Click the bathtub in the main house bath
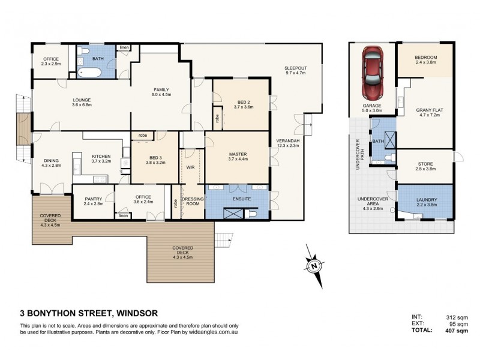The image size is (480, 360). click(89, 73)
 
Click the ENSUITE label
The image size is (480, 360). click(238, 197)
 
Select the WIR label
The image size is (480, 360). click(191, 167)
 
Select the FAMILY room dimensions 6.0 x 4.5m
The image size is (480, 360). click(161, 95)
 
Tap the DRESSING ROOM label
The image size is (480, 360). click(193, 200)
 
